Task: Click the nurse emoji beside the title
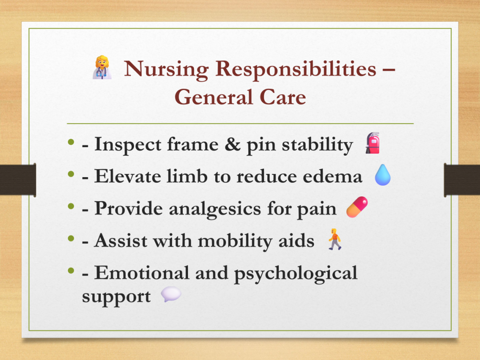(102, 67)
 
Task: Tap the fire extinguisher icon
(373, 143)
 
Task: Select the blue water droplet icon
(382, 175)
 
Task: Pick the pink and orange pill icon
(357, 207)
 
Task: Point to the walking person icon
(335, 239)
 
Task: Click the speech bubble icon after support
(171, 294)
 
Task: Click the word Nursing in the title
(166, 69)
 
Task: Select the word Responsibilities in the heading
(296, 69)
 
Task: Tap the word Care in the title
(283, 97)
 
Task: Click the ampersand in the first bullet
(232, 144)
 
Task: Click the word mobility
(235, 241)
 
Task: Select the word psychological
(296, 273)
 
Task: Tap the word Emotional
(142, 272)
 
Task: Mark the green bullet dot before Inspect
(71, 142)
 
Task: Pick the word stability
(317, 145)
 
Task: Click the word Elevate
(127, 176)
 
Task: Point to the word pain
(317, 210)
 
